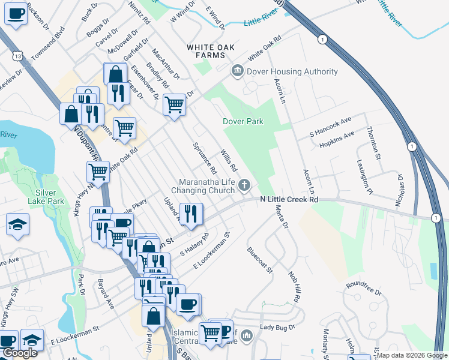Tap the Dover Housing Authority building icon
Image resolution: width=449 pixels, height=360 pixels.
click(x=237, y=71)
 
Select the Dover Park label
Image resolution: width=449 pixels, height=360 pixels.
click(x=243, y=121)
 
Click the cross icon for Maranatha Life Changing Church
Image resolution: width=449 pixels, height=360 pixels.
click(x=244, y=185)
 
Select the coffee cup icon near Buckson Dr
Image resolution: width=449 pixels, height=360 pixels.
click(x=16, y=13)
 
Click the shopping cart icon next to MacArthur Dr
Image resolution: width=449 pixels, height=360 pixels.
click(x=174, y=104)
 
